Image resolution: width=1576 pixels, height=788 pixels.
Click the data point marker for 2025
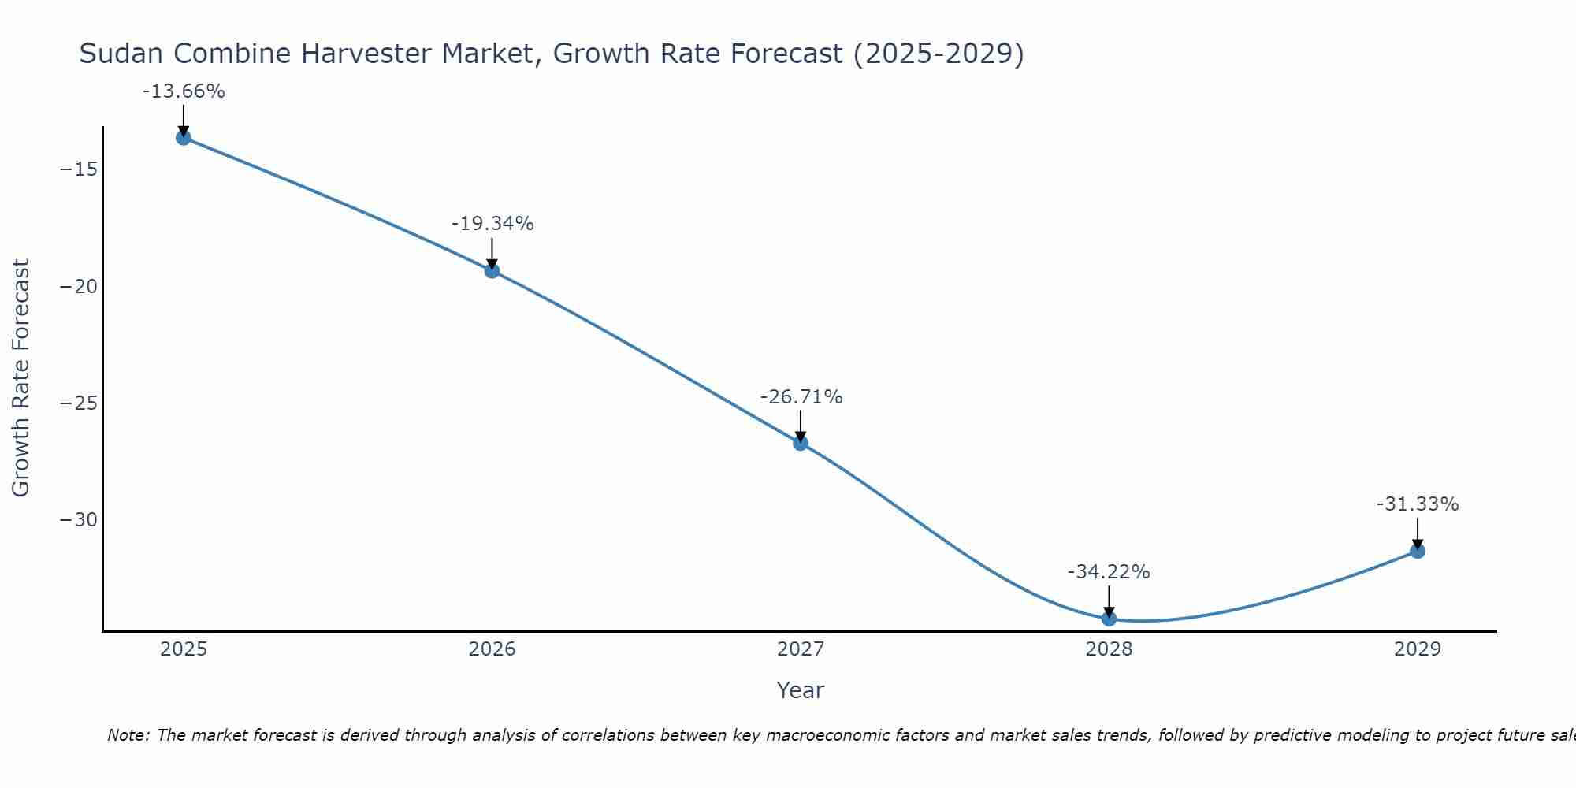[x=184, y=138]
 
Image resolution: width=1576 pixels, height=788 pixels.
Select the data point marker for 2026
[x=492, y=271]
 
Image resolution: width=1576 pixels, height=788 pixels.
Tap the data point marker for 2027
[x=801, y=443]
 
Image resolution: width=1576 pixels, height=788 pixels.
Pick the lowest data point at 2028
[x=1109, y=619]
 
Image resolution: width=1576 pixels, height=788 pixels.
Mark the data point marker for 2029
[x=1418, y=551]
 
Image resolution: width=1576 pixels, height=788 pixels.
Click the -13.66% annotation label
[x=184, y=91]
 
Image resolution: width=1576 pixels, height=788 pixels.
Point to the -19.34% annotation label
[x=492, y=224]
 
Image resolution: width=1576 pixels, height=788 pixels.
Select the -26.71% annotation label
[x=801, y=397]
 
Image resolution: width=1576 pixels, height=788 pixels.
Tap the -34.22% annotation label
[x=1109, y=572]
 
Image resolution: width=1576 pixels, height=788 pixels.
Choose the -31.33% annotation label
[x=1418, y=504]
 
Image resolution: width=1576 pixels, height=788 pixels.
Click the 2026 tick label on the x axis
[x=492, y=649]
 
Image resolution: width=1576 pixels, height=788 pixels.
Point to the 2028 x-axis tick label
[x=1109, y=649]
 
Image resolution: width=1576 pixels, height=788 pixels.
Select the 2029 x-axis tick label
[x=1418, y=649]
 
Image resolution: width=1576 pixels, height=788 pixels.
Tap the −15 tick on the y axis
[x=79, y=169]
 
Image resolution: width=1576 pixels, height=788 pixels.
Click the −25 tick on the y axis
[x=79, y=403]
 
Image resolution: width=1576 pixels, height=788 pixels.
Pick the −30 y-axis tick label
[x=79, y=520]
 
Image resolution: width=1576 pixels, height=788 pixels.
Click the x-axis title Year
[x=801, y=690]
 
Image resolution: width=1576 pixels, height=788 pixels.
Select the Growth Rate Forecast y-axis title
[x=20, y=378]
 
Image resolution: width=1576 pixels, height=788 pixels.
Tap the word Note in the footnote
[x=127, y=735]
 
